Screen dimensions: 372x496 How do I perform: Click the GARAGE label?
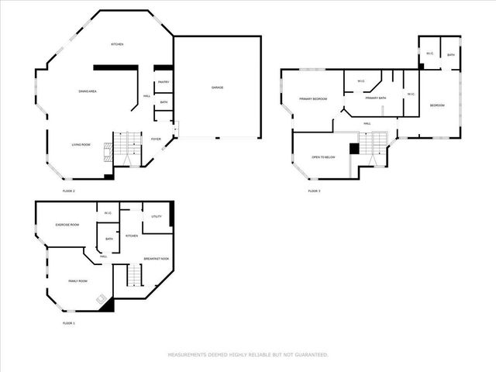click(218, 88)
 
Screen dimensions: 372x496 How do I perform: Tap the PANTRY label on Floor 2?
click(164, 82)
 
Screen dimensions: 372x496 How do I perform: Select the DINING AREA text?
click(87, 91)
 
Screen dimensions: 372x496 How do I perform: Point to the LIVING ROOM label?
click(81, 144)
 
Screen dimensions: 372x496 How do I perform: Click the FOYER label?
click(156, 139)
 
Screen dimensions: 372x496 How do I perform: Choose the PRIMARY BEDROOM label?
click(314, 98)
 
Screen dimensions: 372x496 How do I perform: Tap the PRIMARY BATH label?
click(376, 98)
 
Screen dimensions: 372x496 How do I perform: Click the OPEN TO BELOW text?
click(323, 157)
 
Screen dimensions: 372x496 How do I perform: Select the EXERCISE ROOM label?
click(67, 225)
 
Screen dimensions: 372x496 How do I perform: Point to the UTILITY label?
click(157, 216)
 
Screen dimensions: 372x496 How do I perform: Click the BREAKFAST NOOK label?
click(157, 258)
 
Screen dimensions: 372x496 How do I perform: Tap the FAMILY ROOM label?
click(77, 281)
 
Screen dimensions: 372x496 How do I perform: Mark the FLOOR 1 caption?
click(68, 322)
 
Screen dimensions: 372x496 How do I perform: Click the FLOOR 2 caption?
click(68, 191)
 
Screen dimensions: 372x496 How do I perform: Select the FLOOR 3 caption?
click(314, 191)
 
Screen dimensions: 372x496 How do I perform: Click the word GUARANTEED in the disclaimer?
click(312, 355)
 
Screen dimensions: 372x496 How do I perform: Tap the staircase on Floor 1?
click(135, 274)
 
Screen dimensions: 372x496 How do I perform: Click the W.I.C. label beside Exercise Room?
click(108, 213)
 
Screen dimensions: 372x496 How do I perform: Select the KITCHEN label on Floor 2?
click(117, 44)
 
